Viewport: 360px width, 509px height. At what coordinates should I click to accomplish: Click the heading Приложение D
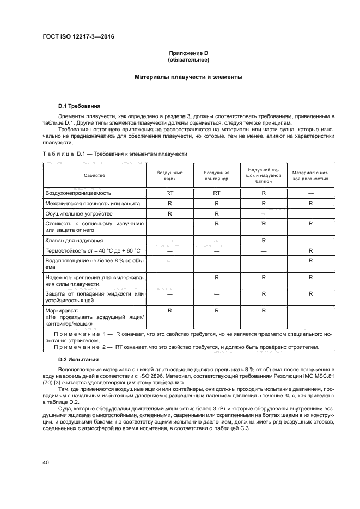[188, 53]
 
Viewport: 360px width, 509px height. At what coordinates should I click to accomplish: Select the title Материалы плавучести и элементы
[188, 77]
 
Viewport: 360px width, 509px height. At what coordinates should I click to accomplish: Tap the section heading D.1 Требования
[79, 105]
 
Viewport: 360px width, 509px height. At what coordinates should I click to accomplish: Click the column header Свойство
[94, 175]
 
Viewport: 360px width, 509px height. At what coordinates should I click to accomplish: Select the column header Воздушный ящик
[169, 175]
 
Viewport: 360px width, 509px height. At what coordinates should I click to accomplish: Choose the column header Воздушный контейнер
[216, 175]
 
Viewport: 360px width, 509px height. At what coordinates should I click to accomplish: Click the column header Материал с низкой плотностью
[310, 175]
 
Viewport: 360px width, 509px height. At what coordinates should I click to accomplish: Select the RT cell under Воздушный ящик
[169, 193]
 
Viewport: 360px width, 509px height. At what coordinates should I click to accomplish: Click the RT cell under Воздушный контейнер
[216, 193]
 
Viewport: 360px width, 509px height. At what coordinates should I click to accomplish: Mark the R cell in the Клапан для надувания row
[264, 240]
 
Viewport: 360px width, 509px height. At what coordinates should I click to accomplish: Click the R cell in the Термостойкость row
[310, 250]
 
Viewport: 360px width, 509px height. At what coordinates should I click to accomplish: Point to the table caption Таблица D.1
[114, 154]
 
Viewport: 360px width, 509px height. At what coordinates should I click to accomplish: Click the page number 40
[46, 462]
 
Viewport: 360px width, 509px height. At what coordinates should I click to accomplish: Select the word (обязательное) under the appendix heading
[188, 59]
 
